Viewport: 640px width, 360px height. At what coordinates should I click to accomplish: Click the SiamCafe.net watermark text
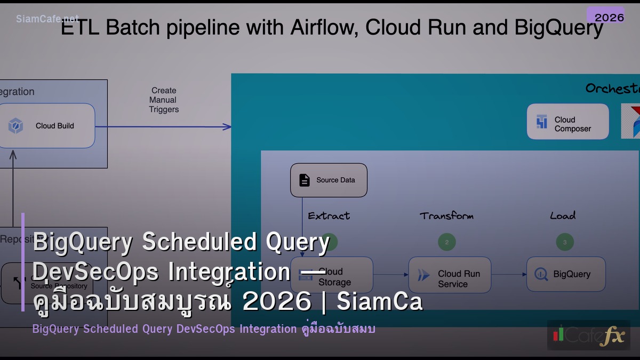[x=47, y=19]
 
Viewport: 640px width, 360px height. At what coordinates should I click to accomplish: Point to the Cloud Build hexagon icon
[x=15, y=126]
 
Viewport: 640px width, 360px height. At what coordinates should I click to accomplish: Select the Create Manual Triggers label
[x=164, y=100]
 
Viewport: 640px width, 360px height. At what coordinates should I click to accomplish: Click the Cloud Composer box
[x=567, y=122]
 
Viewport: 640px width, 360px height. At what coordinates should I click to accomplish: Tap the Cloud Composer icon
[x=542, y=122]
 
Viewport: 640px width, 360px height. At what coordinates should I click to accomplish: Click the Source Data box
[x=329, y=180]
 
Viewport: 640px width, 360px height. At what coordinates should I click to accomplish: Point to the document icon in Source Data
[x=304, y=180]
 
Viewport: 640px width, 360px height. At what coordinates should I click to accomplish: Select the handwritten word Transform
[x=446, y=216]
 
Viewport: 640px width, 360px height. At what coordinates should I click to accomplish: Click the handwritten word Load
[x=563, y=216]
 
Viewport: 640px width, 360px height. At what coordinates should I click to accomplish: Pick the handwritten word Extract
[x=329, y=216]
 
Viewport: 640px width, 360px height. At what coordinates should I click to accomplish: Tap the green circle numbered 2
[x=447, y=242]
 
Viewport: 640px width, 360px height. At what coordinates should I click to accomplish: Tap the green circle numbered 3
[x=565, y=242]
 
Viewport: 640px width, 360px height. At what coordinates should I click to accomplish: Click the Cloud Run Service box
[x=450, y=275]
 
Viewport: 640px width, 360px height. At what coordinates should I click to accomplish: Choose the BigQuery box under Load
[x=566, y=274]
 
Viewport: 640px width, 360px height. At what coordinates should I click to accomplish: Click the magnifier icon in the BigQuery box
[x=541, y=274]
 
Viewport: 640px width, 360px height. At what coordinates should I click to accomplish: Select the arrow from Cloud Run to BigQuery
[x=508, y=275]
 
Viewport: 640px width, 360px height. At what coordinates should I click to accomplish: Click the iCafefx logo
[x=588, y=335]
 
